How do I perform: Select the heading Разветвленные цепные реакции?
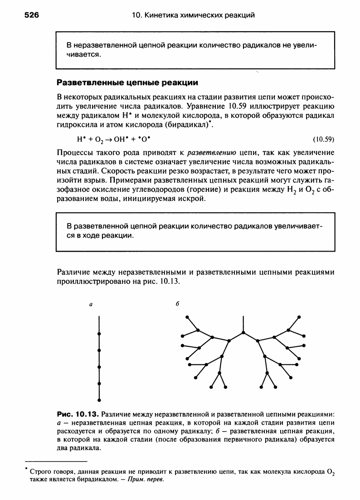[x=127, y=83]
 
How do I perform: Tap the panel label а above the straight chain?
[x=91, y=306]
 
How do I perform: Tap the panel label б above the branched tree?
[x=176, y=306]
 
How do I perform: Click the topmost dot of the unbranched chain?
[x=99, y=334]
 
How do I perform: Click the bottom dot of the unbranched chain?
[x=99, y=400]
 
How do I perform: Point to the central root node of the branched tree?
[x=243, y=333]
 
